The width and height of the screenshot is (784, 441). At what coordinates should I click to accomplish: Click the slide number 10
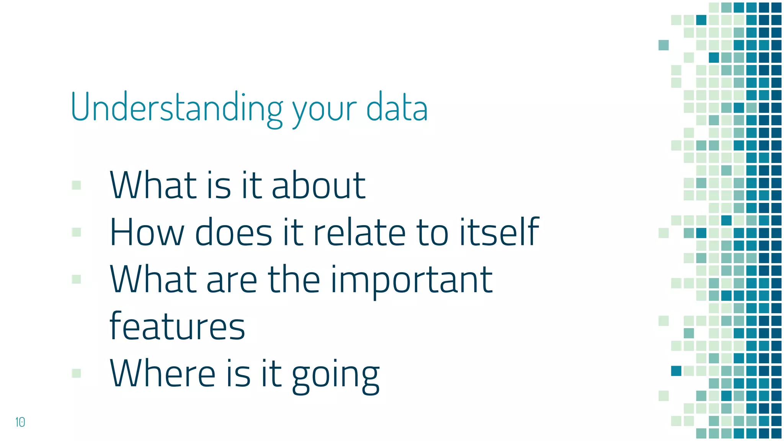tap(20, 422)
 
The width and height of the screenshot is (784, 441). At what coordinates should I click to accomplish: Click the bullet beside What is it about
tap(77, 185)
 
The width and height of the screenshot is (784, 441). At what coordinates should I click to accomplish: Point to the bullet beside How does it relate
tap(77, 232)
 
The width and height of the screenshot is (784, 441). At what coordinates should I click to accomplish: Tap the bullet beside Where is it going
tap(77, 373)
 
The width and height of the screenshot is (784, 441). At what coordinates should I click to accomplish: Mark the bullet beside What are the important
tap(77, 279)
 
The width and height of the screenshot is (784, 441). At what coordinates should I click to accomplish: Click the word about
tap(318, 186)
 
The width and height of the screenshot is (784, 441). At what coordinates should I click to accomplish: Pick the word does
tap(234, 232)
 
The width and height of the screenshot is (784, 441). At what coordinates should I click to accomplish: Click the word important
tap(412, 281)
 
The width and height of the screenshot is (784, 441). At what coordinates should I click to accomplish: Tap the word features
tap(177, 326)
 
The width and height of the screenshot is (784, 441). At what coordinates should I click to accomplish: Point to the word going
tap(336, 375)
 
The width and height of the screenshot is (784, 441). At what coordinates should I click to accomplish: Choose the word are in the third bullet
tap(232, 281)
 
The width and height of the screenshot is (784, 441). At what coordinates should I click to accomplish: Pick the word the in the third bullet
tap(294, 279)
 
